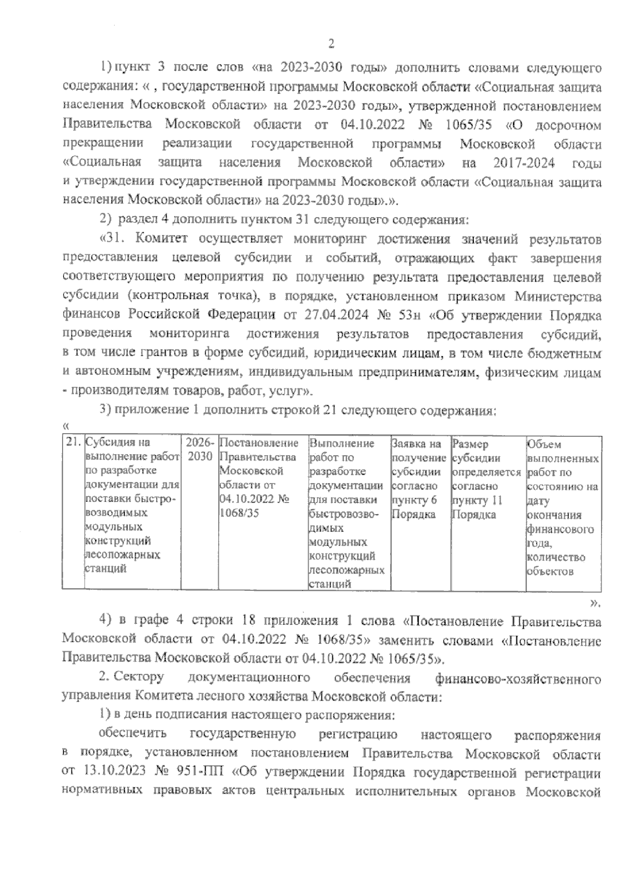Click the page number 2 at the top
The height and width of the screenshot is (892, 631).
point(331,44)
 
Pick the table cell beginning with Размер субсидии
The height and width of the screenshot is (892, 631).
point(486,478)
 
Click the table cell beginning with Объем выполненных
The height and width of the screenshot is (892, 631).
point(562,507)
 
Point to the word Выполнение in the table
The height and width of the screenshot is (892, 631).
point(342,444)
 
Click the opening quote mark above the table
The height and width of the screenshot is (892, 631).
point(65,426)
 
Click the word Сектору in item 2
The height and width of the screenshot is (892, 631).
point(139,678)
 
